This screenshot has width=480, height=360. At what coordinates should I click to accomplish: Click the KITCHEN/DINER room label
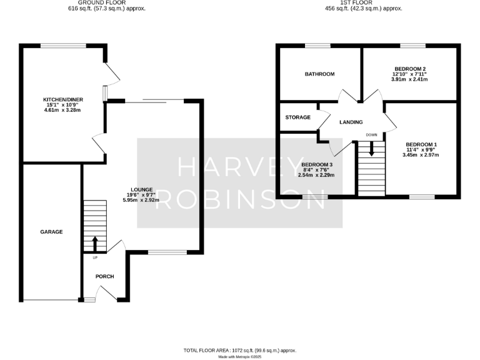pos(62,99)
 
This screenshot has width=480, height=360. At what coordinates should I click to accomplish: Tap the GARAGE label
pos(52,232)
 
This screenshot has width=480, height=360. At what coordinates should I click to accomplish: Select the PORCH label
pos(104,276)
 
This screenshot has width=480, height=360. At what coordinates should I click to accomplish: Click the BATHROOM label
pos(319,74)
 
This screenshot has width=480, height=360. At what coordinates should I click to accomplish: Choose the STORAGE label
pos(297,117)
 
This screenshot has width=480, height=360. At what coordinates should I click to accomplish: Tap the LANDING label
pos(351,122)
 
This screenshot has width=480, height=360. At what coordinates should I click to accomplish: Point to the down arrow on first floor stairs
pos(372,149)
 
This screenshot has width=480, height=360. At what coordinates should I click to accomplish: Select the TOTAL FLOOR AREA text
pos(240,351)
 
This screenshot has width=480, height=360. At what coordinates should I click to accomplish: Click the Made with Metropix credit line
pos(240,357)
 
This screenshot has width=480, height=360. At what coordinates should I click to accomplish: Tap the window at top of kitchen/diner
pos(64,46)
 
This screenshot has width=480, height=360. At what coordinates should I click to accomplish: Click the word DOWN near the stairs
pos(371,134)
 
